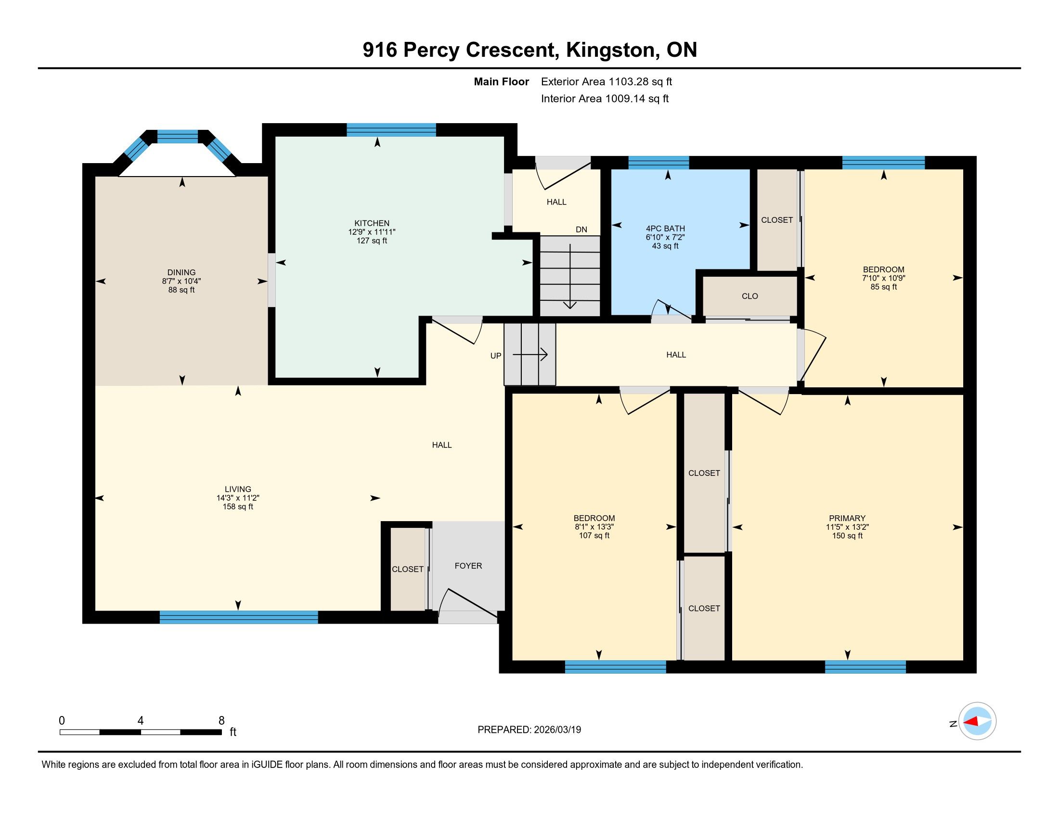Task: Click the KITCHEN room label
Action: (372, 223)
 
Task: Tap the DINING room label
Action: (181, 272)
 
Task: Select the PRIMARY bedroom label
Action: (847, 518)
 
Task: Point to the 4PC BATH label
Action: (665, 229)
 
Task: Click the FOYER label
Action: (468, 565)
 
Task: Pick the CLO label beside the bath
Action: (749, 296)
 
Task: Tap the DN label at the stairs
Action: (581, 230)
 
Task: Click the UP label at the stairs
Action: (495, 356)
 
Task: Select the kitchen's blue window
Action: (391, 130)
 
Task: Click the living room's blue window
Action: (239, 617)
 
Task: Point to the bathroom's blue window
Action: (659, 162)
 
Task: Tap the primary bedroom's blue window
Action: (865, 667)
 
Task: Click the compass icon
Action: (977, 721)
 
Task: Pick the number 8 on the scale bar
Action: (221, 721)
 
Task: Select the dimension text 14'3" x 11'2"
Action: (238, 498)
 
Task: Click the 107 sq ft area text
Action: (594, 536)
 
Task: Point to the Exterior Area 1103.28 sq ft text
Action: (607, 81)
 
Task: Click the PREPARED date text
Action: (529, 729)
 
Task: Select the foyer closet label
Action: (408, 569)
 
